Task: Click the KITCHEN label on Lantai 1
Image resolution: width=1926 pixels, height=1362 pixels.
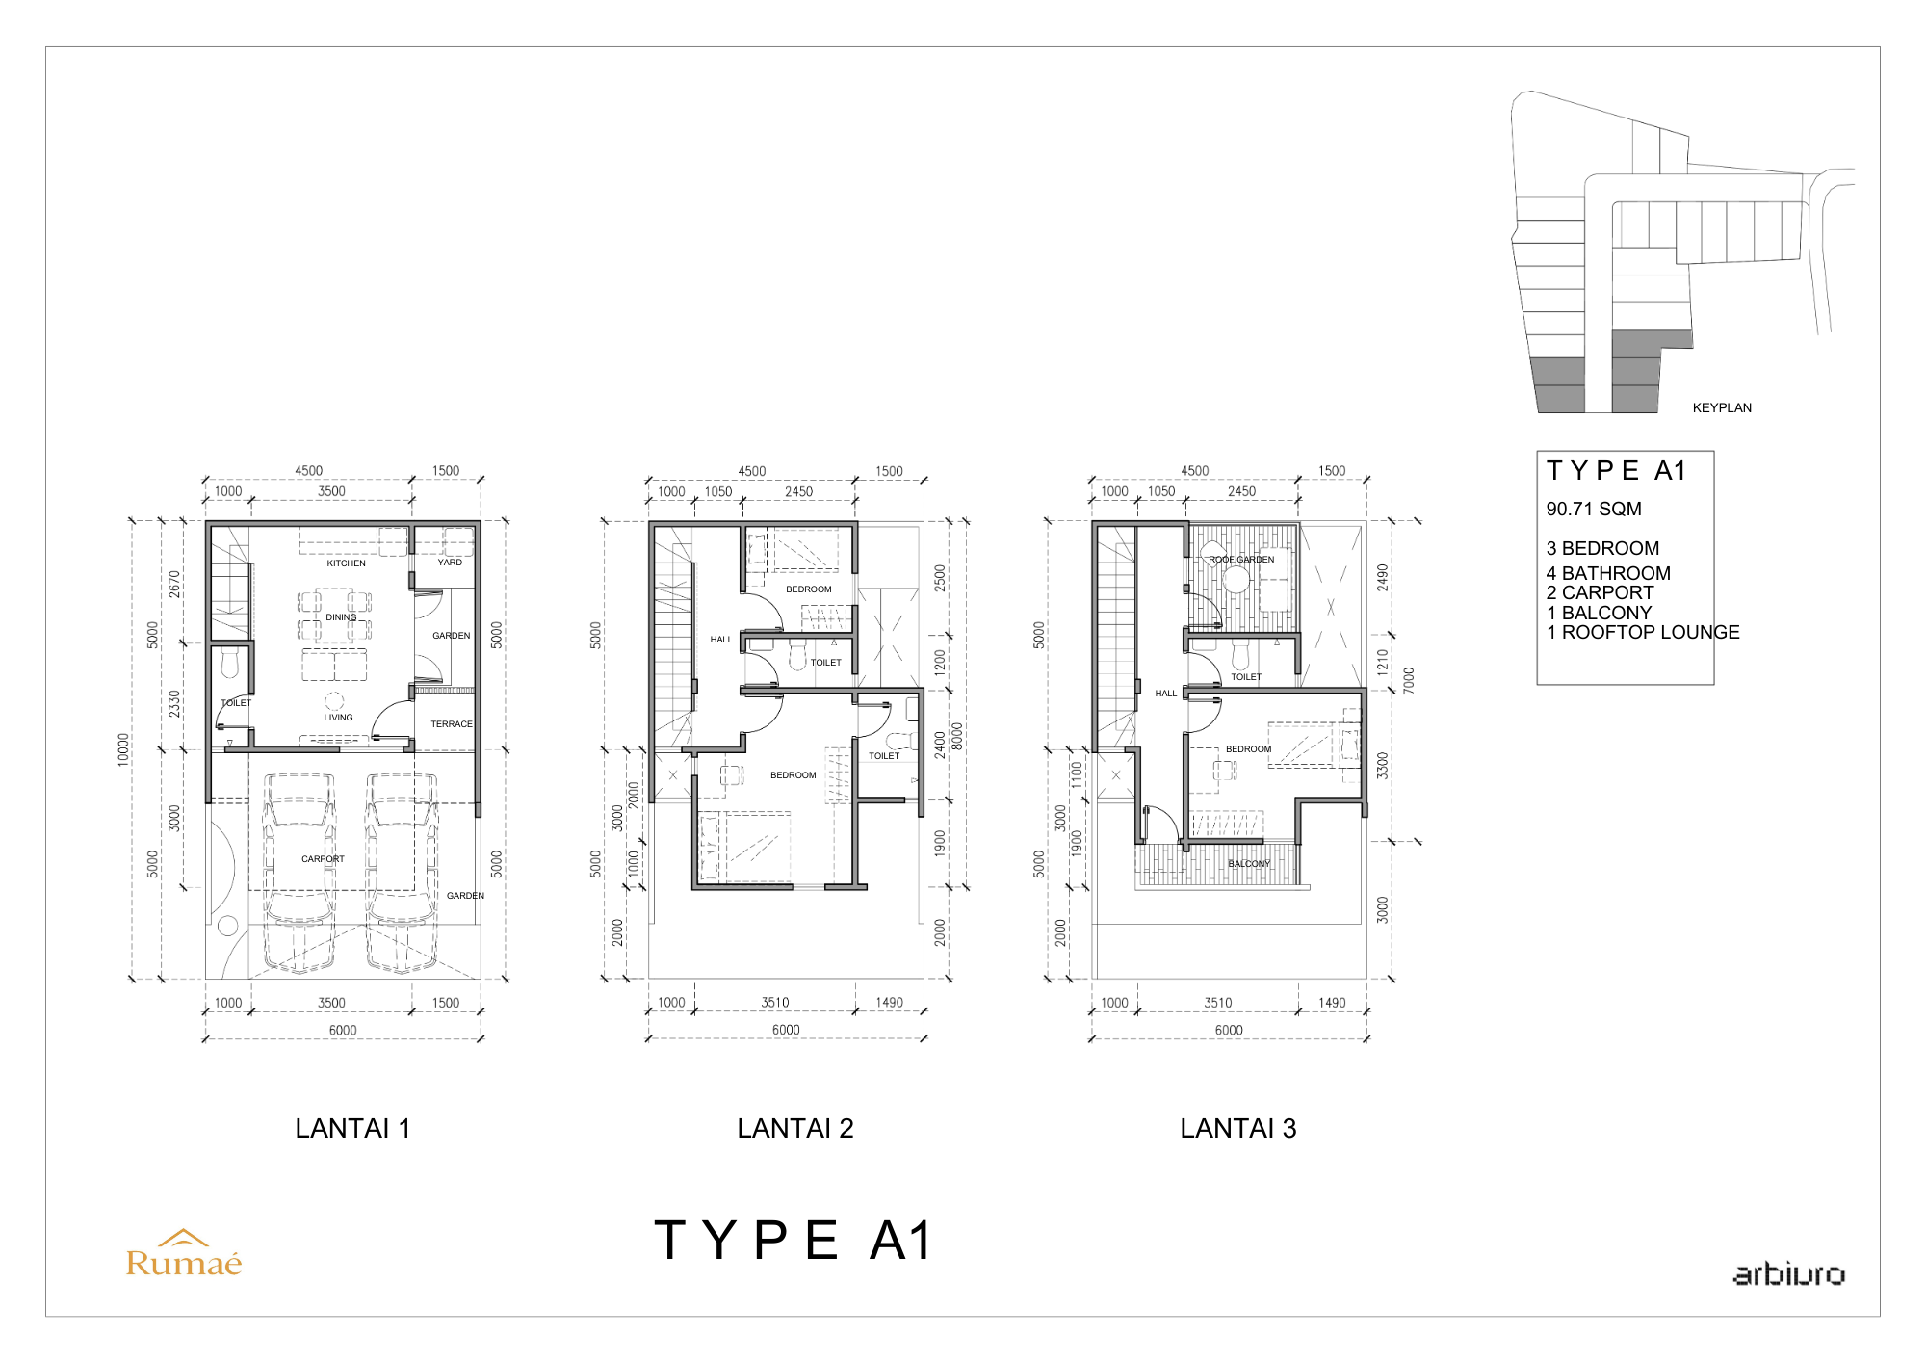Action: point(347,563)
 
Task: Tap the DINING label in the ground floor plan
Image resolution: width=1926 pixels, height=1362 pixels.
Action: point(341,617)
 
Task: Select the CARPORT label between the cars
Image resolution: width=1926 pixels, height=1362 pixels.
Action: point(323,859)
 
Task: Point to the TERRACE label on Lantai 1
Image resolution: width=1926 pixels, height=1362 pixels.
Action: point(452,724)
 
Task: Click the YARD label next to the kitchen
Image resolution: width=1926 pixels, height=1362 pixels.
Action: point(450,563)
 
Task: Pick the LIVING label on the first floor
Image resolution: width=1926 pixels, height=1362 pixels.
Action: point(339,718)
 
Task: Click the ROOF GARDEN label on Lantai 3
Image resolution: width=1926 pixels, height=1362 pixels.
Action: point(1241,560)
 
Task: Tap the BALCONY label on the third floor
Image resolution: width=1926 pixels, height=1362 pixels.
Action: point(1249,864)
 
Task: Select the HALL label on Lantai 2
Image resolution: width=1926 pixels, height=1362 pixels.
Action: point(721,640)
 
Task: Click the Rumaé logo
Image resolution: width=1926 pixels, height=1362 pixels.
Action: point(184,1254)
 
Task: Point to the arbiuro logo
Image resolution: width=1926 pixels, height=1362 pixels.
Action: point(1789,1274)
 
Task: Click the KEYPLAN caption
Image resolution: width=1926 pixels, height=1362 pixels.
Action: point(1722,408)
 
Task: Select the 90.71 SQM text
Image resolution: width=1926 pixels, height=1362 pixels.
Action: point(1594,510)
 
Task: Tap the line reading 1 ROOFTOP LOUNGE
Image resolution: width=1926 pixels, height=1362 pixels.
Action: point(1643,633)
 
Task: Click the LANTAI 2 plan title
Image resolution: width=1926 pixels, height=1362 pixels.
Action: point(795,1129)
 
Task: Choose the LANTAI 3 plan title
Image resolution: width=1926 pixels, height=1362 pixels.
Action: point(1238,1129)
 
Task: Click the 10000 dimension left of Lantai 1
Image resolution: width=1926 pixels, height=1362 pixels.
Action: point(123,749)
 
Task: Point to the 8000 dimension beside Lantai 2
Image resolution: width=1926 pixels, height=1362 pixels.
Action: point(957,736)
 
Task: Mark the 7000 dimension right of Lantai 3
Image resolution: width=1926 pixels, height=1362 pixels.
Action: point(1409,680)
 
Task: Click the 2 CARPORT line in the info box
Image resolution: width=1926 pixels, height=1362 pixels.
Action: point(1600,593)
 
